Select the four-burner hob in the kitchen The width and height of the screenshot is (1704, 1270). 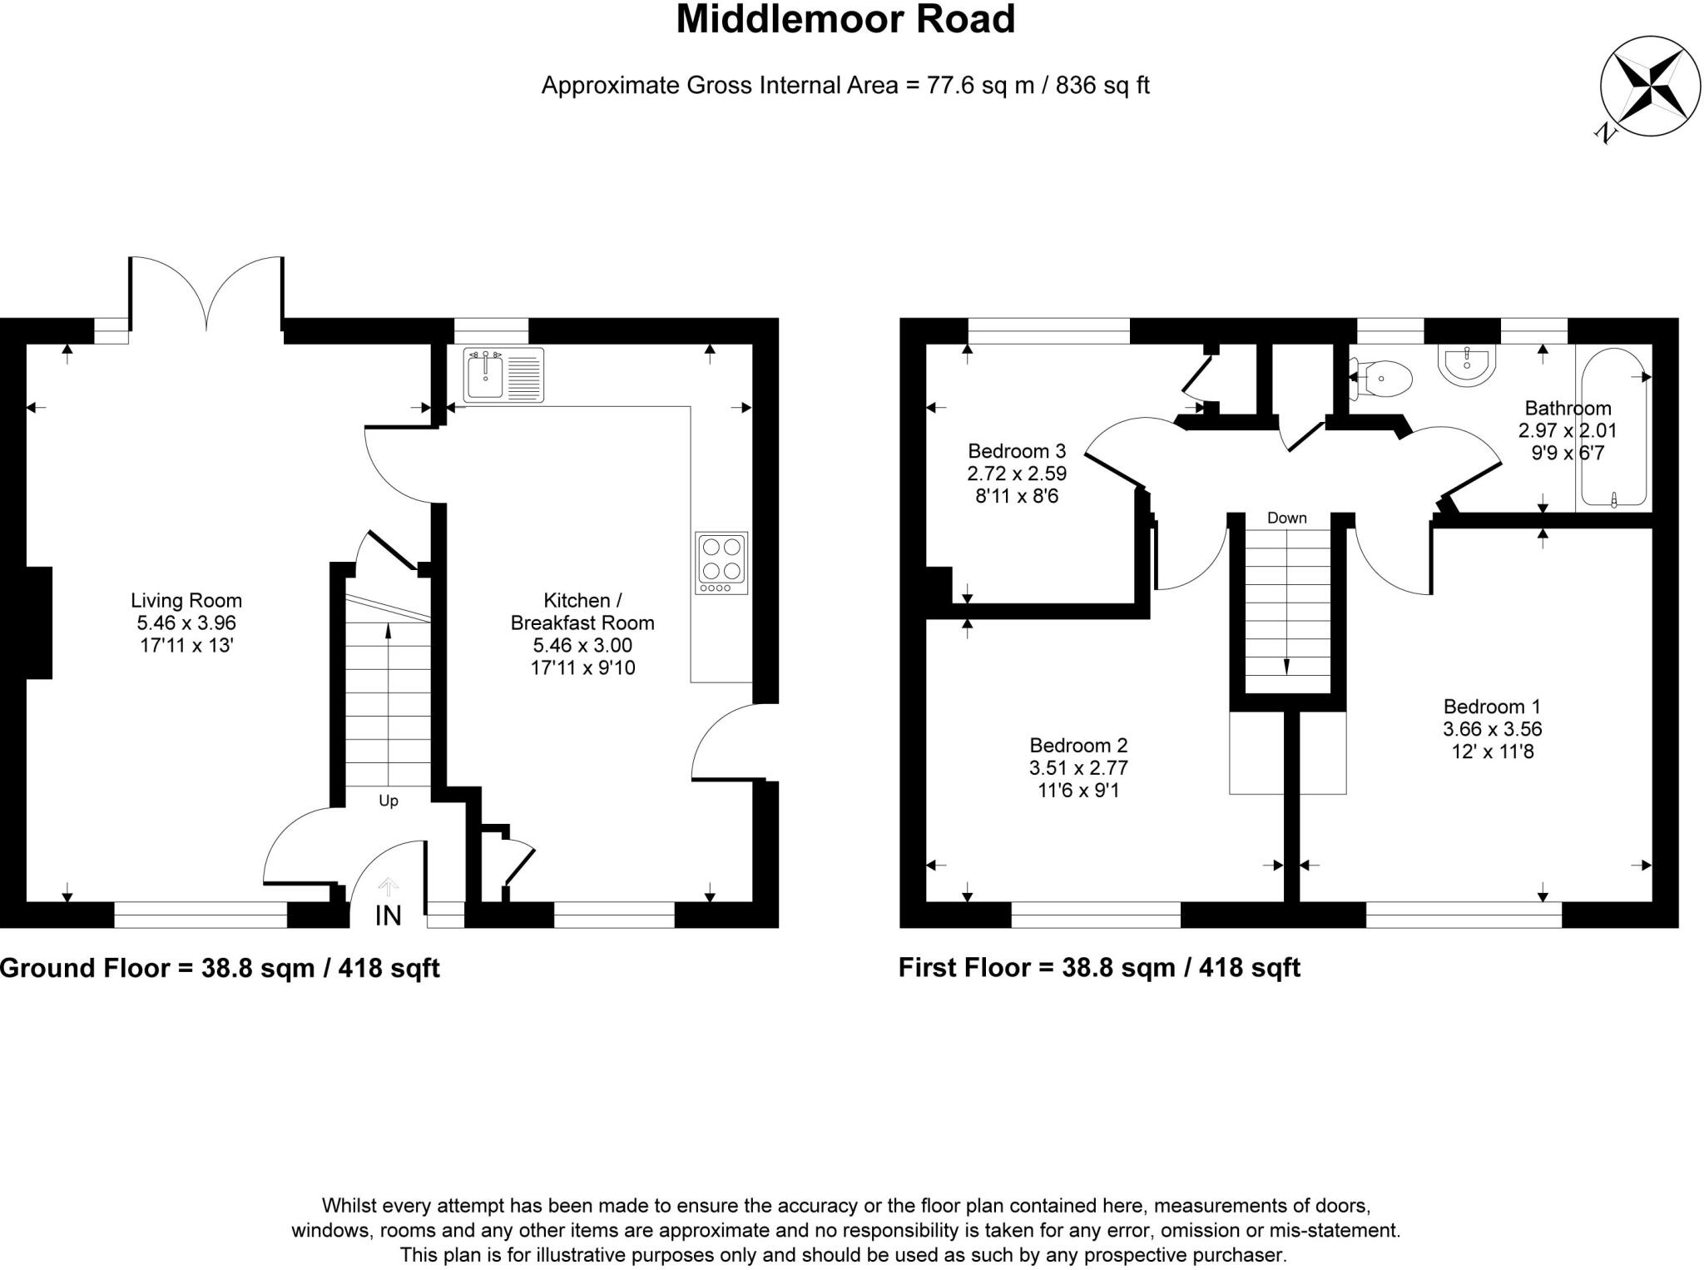pos(721,563)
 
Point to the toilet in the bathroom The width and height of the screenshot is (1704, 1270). pos(1383,379)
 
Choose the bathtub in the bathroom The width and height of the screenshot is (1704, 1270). pos(1613,429)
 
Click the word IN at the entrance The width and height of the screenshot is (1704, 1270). pos(389,915)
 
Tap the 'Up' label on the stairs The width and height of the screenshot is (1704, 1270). pos(389,801)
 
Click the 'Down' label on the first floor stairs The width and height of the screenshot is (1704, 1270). pos(1286,518)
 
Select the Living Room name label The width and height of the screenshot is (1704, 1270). pos(186,600)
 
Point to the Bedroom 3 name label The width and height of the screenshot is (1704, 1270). pos(1017,451)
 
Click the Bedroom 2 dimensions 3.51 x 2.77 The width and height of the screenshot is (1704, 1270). pos(1078,767)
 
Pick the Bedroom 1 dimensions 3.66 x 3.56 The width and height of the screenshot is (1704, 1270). pos(1492,729)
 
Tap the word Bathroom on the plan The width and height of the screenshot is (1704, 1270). pos(1568,408)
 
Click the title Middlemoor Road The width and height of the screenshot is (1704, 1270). pos(845,20)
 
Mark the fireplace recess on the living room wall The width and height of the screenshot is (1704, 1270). pos(39,623)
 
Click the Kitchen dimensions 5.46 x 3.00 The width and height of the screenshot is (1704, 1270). pos(582,645)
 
